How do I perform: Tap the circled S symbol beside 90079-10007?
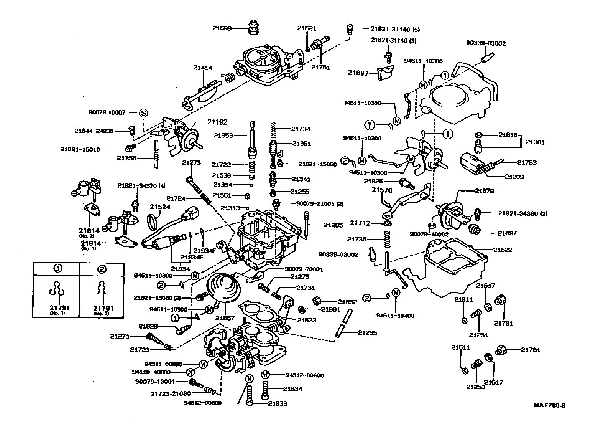[143, 112]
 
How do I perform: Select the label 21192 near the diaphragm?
[217, 122]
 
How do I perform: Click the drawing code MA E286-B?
[550, 405]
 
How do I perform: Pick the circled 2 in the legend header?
[102, 269]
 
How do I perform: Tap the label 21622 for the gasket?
[503, 250]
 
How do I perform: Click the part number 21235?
[367, 333]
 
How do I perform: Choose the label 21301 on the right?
[535, 142]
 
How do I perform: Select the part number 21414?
[203, 68]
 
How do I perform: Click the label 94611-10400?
[396, 316]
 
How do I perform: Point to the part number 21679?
[484, 191]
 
